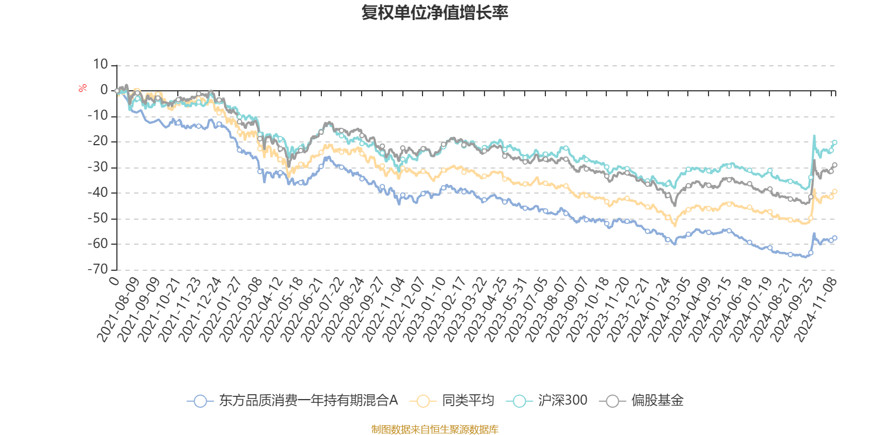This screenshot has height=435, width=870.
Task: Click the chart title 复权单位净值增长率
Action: click(434, 13)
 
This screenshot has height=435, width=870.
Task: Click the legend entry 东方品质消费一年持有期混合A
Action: click(308, 401)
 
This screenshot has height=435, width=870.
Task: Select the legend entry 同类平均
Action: click(468, 401)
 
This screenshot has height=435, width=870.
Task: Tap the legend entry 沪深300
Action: click(563, 401)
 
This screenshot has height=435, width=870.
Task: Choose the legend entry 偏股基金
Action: click(657, 401)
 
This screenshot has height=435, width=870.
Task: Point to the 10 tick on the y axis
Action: click(101, 65)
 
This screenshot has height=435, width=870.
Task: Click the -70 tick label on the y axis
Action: click(98, 269)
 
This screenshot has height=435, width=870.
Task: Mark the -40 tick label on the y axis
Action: click(98, 192)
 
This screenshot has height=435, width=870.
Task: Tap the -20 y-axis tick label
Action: click(98, 141)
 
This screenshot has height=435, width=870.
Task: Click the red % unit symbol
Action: click(83, 88)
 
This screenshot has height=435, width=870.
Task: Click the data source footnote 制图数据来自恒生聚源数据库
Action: click(434, 430)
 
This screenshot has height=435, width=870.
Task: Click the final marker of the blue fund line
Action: click(835, 238)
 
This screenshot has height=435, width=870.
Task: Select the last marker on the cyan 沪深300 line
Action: click(835, 142)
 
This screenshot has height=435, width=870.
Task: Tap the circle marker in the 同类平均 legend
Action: click(423, 401)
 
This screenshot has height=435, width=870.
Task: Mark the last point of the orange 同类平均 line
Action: click(835, 191)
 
